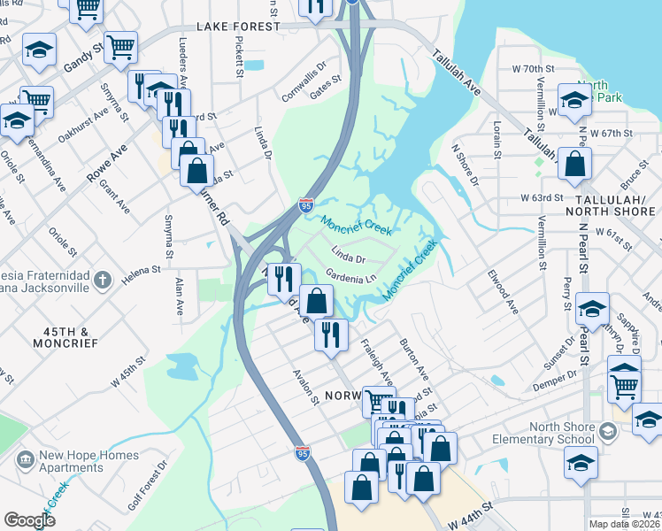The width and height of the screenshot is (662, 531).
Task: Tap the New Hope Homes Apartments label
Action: [x=88, y=462]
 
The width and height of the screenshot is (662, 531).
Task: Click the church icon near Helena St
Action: [x=103, y=281]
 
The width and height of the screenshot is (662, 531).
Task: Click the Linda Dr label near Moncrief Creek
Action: [x=349, y=258]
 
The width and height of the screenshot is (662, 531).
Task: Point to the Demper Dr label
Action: [x=553, y=374]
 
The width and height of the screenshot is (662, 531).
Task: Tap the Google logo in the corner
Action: [x=29, y=520]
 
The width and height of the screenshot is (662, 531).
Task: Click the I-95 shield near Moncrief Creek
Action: [x=305, y=206]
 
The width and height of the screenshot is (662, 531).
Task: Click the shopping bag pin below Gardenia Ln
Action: [x=316, y=301]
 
